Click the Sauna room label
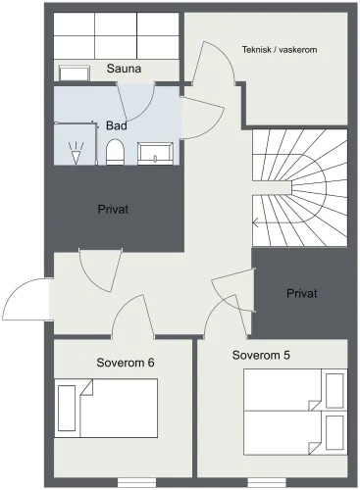124,69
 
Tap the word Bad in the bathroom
117,125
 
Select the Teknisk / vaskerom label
280,50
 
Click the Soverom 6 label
126,363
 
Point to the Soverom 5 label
261,355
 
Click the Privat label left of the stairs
113,209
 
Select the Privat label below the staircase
302,293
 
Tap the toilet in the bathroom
116,152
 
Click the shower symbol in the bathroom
76,153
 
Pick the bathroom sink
155,154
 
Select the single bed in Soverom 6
106,409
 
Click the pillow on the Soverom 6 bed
67,409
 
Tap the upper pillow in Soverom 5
335,391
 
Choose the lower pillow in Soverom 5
335,433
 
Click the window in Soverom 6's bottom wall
136,482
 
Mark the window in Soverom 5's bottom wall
267,482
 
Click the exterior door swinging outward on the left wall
26,300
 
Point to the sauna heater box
75,73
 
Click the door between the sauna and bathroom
135,101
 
